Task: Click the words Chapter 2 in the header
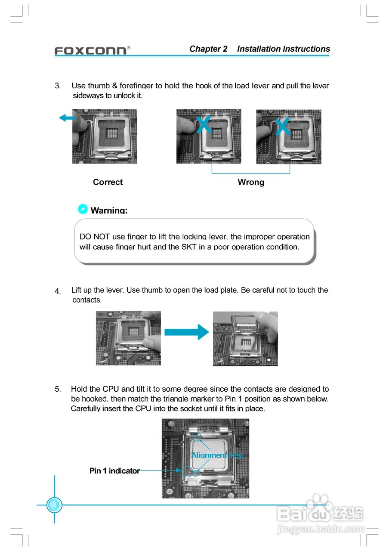[208, 49]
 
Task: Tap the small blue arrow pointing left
[67, 118]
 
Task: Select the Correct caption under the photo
[108, 182]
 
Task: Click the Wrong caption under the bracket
[251, 182]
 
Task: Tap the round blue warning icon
[83, 209]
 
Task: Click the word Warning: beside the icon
[109, 210]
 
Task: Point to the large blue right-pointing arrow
[186, 332]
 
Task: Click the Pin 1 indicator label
[114, 471]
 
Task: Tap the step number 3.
[57, 86]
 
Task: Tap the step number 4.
[58, 291]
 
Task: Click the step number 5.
[57, 389]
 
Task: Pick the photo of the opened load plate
[245, 339]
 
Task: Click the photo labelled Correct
[105, 136]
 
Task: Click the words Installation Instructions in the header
[284, 49]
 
